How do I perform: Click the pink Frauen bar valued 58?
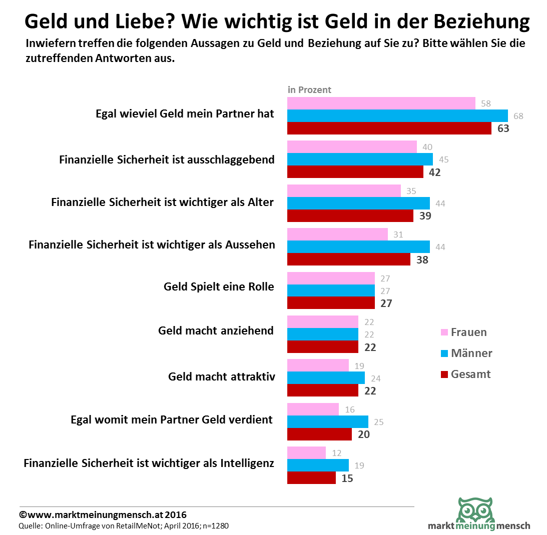point(381,103)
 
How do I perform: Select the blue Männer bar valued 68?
point(397,116)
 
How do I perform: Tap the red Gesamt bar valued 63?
point(389,128)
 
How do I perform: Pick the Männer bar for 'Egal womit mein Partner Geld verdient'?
point(328,422)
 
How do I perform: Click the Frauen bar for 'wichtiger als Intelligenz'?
point(306,453)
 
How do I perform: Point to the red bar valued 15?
point(311,478)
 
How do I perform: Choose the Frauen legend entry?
point(463,332)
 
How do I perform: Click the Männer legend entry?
point(466,353)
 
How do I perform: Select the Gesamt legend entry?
point(465,374)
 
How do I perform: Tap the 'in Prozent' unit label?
point(309,90)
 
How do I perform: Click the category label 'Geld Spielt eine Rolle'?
point(219,287)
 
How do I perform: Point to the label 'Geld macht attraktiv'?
point(221,376)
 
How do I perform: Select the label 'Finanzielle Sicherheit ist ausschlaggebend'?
point(167,160)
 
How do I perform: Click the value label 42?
point(433,172)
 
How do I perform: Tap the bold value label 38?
point(421,259)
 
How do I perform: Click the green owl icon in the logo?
point(475,510)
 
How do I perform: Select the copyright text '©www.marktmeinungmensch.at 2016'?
point(103,514)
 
